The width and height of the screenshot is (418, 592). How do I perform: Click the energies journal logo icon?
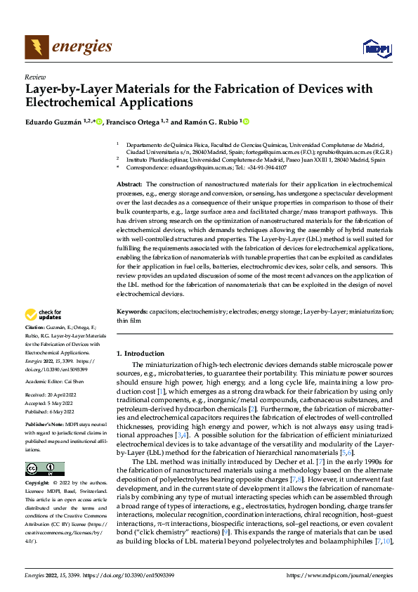34,46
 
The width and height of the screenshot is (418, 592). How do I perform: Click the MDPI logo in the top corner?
376,47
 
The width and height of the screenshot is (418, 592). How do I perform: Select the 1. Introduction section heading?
140,353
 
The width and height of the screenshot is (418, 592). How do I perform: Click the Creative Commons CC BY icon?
44,468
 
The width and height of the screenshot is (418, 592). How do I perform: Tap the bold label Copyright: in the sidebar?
37,484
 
